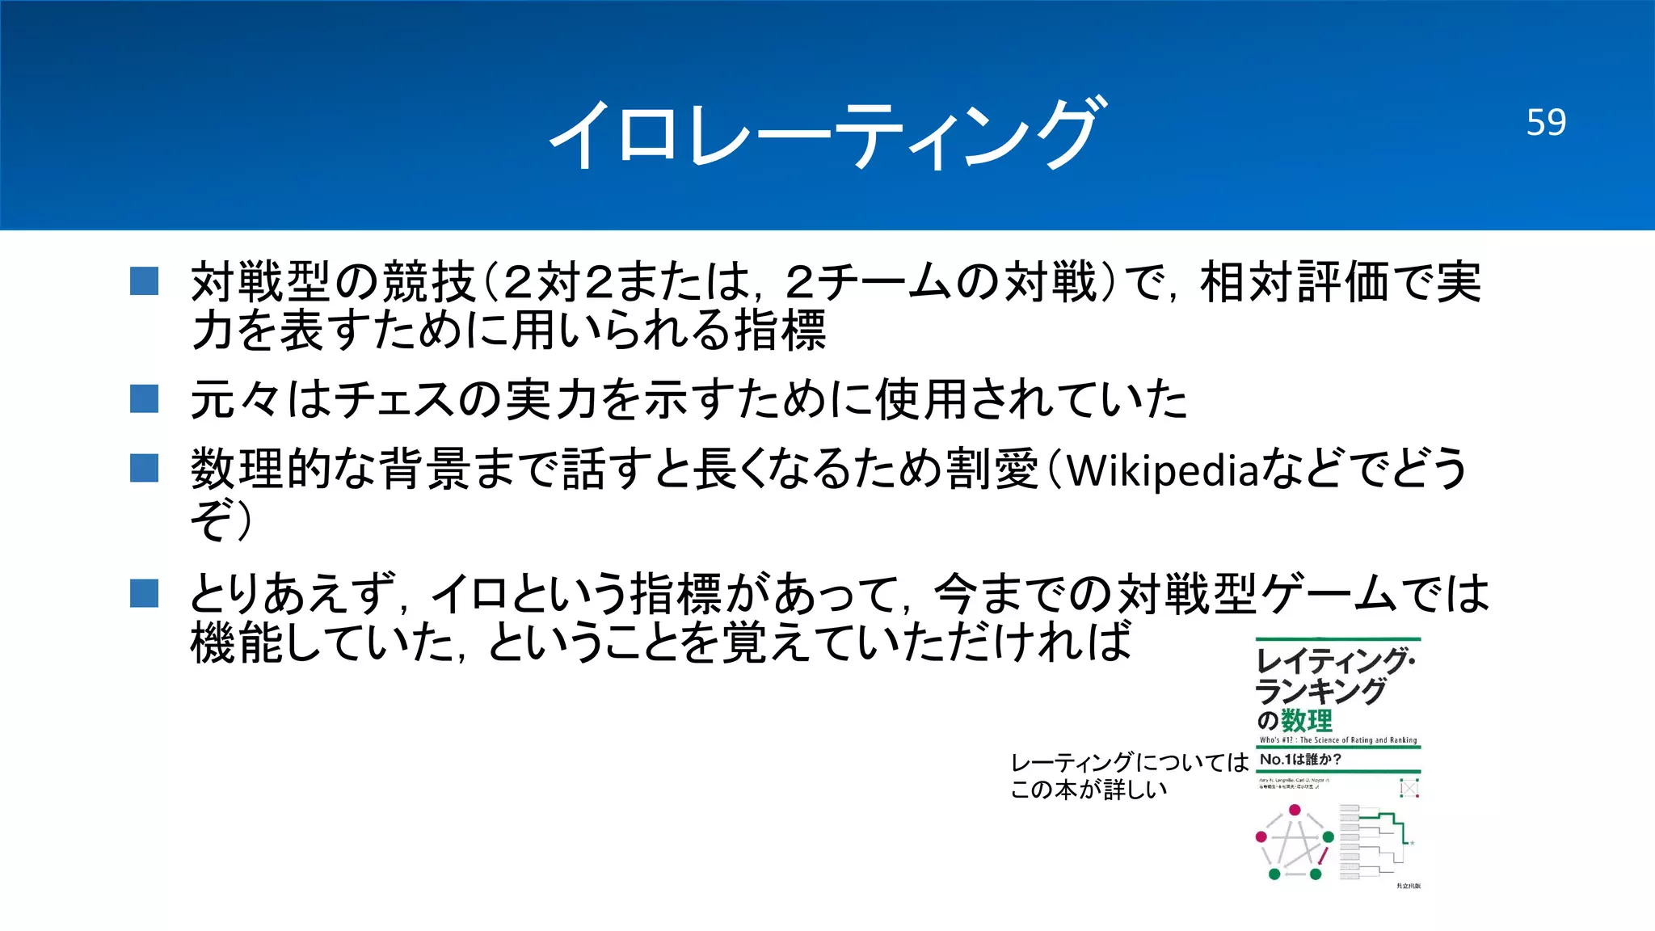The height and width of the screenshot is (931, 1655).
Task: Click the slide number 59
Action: (1546, 122)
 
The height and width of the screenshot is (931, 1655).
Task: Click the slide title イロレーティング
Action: (826, 134)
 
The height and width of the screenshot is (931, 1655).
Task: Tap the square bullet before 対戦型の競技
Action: (144, 281)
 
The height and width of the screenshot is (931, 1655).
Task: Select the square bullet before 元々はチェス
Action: (144, 398)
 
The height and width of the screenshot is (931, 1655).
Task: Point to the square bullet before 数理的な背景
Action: (144, 467)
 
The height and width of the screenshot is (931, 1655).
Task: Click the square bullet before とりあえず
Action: (144, 593)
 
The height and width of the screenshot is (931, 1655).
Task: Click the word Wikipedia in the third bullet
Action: (1163, 470)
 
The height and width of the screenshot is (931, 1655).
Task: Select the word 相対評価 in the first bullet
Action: (1296, 282)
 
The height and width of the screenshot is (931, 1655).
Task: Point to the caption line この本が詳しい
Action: (1089, 790)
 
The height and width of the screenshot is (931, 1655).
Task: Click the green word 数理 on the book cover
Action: (1307, 719)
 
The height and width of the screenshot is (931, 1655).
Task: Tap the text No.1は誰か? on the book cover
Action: (1300, 760)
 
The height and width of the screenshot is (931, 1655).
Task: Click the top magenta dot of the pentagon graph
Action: (1295, 810)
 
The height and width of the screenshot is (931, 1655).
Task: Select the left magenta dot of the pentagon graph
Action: (1261, 837)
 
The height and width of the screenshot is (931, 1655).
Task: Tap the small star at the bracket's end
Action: (1412, 844)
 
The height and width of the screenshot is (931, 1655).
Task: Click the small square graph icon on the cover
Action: (1409, 787)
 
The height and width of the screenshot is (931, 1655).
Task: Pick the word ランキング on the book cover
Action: (1320, 691)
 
